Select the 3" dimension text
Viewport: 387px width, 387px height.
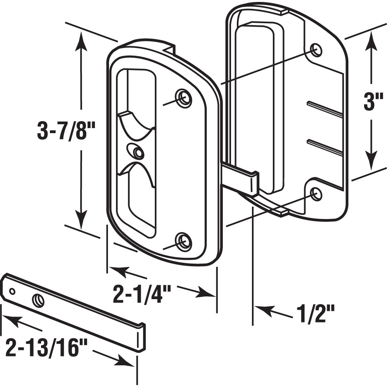pyautogui.click(x=371, y=103)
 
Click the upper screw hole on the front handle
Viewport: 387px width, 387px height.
pyautogui.click(x=183, y=98)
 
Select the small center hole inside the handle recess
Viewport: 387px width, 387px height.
pyautogui.click(x=136, y=151)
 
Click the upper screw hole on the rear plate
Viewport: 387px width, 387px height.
pyautogui.click(x=316, y=50)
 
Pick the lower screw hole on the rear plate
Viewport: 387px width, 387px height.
pyautogui.click(x=316, y=193)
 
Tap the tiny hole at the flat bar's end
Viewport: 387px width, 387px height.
pyautogui.click(x=12, y=291)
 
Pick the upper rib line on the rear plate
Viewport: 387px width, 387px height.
pyautogui.click(x=325, y=110)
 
